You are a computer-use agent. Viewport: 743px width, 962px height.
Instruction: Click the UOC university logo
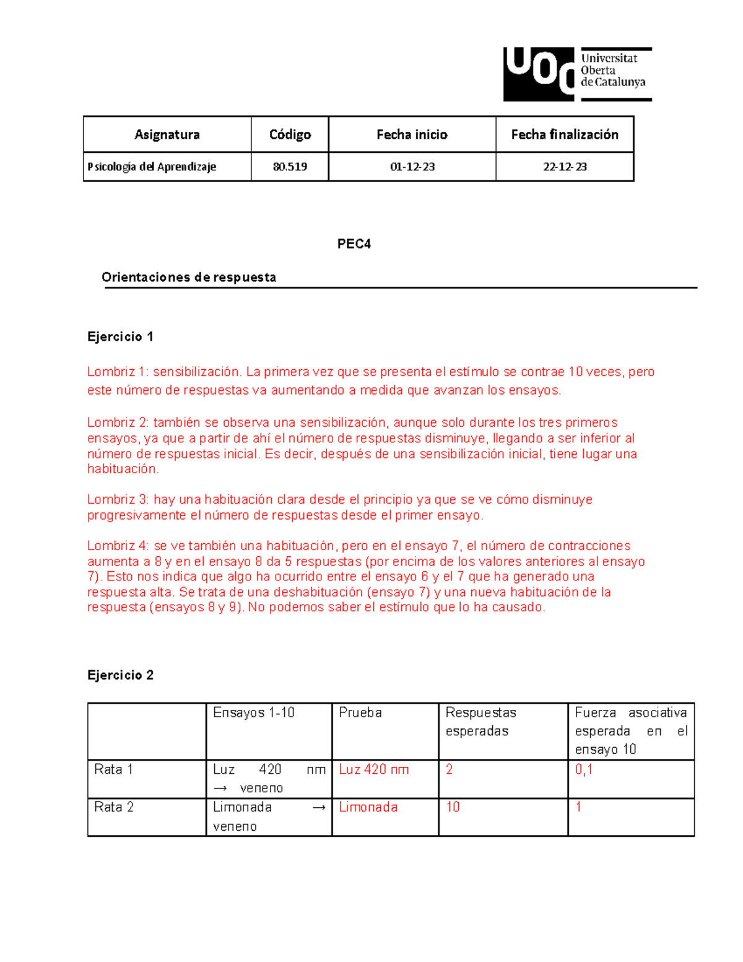[x=576, y=74]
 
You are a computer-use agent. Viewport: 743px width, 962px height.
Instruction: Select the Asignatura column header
[x=167, y=134]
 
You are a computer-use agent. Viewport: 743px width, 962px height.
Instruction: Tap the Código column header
[x=290, y=134]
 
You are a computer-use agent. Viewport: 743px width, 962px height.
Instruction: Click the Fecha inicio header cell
[x=412, y=134]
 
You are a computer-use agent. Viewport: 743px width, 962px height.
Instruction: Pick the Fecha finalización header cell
[x=564, y=134]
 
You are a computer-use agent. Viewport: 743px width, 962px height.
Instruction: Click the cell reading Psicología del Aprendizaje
[x=152, y=167]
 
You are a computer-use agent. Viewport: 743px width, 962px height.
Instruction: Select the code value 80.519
[x=290, y=167]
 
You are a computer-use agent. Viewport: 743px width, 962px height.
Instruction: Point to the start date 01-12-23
[x=412, y=167]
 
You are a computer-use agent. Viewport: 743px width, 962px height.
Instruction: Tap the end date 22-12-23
[x=564, y=167]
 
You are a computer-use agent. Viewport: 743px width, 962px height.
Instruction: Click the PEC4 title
[x=354, y=243]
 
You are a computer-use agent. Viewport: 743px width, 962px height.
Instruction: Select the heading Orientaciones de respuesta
[x=189, y=277]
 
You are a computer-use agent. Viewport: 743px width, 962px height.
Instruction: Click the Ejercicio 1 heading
[x=120, y=336]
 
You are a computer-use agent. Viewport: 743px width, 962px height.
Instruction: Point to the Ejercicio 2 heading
[x=120, y=675]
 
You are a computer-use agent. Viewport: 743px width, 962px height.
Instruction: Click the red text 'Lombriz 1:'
[x=118, y=372]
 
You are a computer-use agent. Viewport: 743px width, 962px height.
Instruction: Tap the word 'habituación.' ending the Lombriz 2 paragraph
[x=123, y=469]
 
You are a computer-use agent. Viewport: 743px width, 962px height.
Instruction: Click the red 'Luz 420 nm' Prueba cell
[x=373, y=769]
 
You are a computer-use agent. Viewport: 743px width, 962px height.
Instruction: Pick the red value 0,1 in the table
[x=584, y=769]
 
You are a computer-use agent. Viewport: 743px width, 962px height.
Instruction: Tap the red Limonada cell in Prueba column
[x=368, y=807]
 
